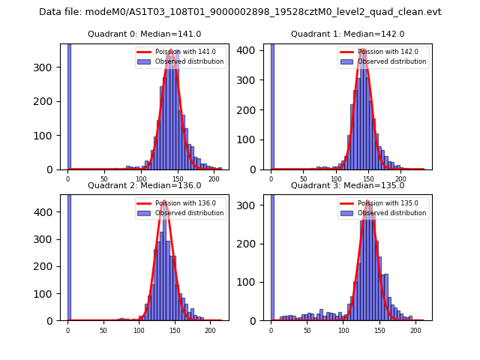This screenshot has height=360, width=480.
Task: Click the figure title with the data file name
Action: coord(240,12)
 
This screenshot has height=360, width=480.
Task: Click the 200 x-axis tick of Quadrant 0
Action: coord(214,179)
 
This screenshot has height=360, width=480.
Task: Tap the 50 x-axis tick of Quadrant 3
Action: coord(307,330)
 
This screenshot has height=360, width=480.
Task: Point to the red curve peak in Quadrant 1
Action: coord(363,50)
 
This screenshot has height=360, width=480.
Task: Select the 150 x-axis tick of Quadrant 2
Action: coord(174,330)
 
